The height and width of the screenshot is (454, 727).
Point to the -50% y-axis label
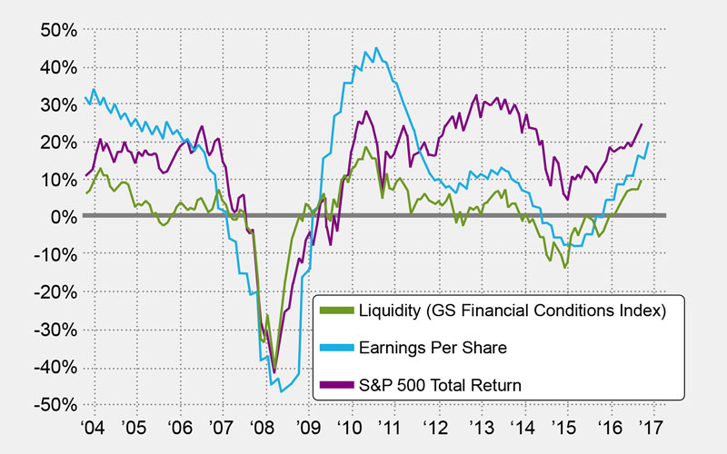coord(55,404)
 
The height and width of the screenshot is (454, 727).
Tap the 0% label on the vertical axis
coord(62,216)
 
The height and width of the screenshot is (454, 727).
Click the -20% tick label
coord(55,291)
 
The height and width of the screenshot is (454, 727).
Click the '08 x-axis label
coord(266,427)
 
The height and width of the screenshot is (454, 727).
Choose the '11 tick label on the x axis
coord(394,427)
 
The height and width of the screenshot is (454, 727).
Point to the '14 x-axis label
coord(523,427)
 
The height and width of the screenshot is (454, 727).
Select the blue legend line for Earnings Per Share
coord(341,348)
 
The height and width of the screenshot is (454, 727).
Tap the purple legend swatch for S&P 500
coord(341,384)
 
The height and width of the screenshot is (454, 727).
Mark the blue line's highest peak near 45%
coord(377,48)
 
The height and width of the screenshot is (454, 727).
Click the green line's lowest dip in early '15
coord(565,268)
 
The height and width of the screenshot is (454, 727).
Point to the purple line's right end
coord(642,124)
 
